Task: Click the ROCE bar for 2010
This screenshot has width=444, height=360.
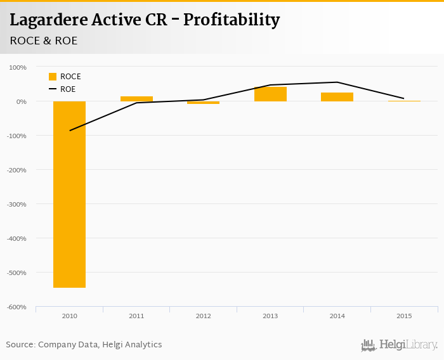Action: (69, 194)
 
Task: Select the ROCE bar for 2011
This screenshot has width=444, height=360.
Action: (136, 99)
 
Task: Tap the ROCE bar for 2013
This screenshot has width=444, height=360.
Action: (270, 94)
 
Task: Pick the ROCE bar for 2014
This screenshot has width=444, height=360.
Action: (337, 97)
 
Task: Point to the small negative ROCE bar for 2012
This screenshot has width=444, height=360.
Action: (203, 103)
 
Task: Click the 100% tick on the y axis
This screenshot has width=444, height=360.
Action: (18, 67)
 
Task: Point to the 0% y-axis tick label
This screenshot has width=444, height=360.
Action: (20, 101)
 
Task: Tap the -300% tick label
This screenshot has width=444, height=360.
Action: (16, 204)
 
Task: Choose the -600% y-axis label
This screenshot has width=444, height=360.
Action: (16, 307)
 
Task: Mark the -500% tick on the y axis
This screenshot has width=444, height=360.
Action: (16, 273)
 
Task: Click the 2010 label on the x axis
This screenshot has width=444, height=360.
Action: (69, 316)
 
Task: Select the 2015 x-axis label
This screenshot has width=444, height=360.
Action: (404, 316)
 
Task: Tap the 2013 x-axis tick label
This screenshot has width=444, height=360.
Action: (270, 316)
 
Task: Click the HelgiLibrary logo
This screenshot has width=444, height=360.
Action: (400, 345)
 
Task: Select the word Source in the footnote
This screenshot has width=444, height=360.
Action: (20, 345)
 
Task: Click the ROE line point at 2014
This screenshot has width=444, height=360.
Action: (337, 82)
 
